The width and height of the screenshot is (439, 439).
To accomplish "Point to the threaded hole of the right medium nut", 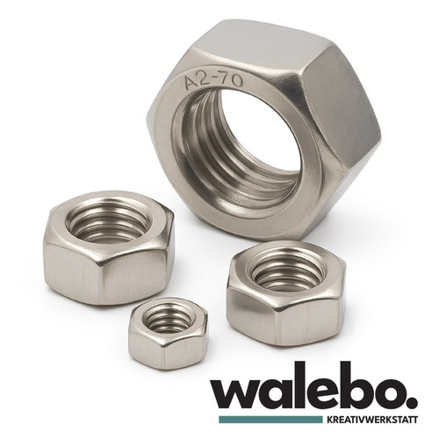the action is point(288,273).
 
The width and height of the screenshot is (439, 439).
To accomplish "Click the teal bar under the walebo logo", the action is point(270,419).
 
